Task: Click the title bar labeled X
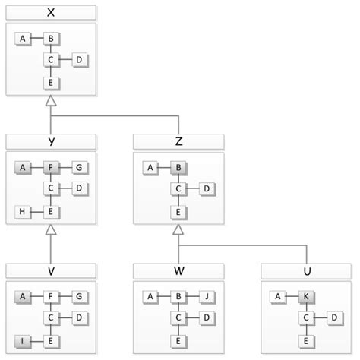[50, 13]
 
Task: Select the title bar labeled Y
[50, 141]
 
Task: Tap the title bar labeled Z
[178, 141]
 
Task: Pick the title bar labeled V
[50, 271]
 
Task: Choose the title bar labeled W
[178, 271]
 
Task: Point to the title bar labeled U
[306, 271]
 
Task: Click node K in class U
[306, 296]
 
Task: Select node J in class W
[207, 296]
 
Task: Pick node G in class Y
[78, 167]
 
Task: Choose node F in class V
[50, 296]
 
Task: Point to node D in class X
[78, 60]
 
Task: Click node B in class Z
[178, 167]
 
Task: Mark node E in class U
[306, 342]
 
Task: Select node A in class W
[150, 296]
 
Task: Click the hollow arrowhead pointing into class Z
[178, 229]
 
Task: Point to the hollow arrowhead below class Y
[50, 229]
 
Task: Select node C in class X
[50, 60]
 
